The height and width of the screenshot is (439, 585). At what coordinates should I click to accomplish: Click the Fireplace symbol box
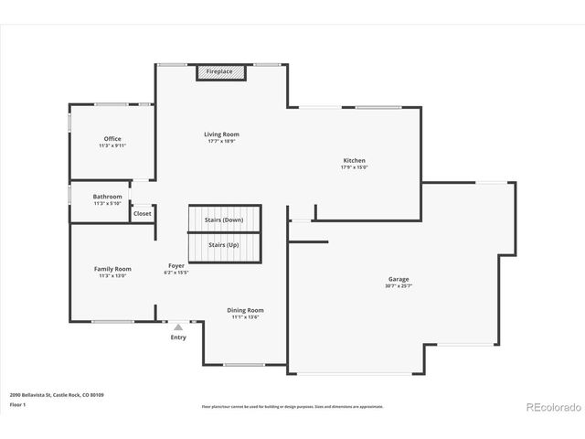pos(219,71)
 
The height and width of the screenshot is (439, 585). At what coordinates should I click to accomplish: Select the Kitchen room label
pos(354,160)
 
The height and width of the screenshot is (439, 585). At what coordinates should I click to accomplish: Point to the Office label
pos(112,139)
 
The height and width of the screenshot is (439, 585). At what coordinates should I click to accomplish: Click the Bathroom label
pos(107,196)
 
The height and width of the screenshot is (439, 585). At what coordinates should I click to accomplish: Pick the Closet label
pos(142,213)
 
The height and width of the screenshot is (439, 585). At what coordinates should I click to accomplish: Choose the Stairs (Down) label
pos(225,220)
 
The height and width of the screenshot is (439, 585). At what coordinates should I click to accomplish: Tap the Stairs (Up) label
pos(225,245)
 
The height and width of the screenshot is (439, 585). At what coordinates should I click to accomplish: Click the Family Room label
pos(112,269)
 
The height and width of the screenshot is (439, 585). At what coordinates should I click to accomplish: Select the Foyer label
pos(175,265)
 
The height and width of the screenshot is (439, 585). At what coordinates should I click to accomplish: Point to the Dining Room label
pos(245,310)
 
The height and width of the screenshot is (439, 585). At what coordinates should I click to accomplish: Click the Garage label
pos(399,279)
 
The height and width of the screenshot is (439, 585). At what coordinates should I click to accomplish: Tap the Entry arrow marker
pos(178,326)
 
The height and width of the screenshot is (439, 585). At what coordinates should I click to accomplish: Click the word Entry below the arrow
pos(178,337)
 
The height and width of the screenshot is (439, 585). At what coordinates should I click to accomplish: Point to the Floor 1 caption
pos(16,403)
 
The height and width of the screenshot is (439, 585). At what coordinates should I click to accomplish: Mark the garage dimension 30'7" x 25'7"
pos(399,286)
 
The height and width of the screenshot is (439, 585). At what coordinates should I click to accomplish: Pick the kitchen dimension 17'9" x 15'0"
pos(354,167)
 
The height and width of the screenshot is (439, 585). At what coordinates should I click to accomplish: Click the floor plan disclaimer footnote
pos(292,406)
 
